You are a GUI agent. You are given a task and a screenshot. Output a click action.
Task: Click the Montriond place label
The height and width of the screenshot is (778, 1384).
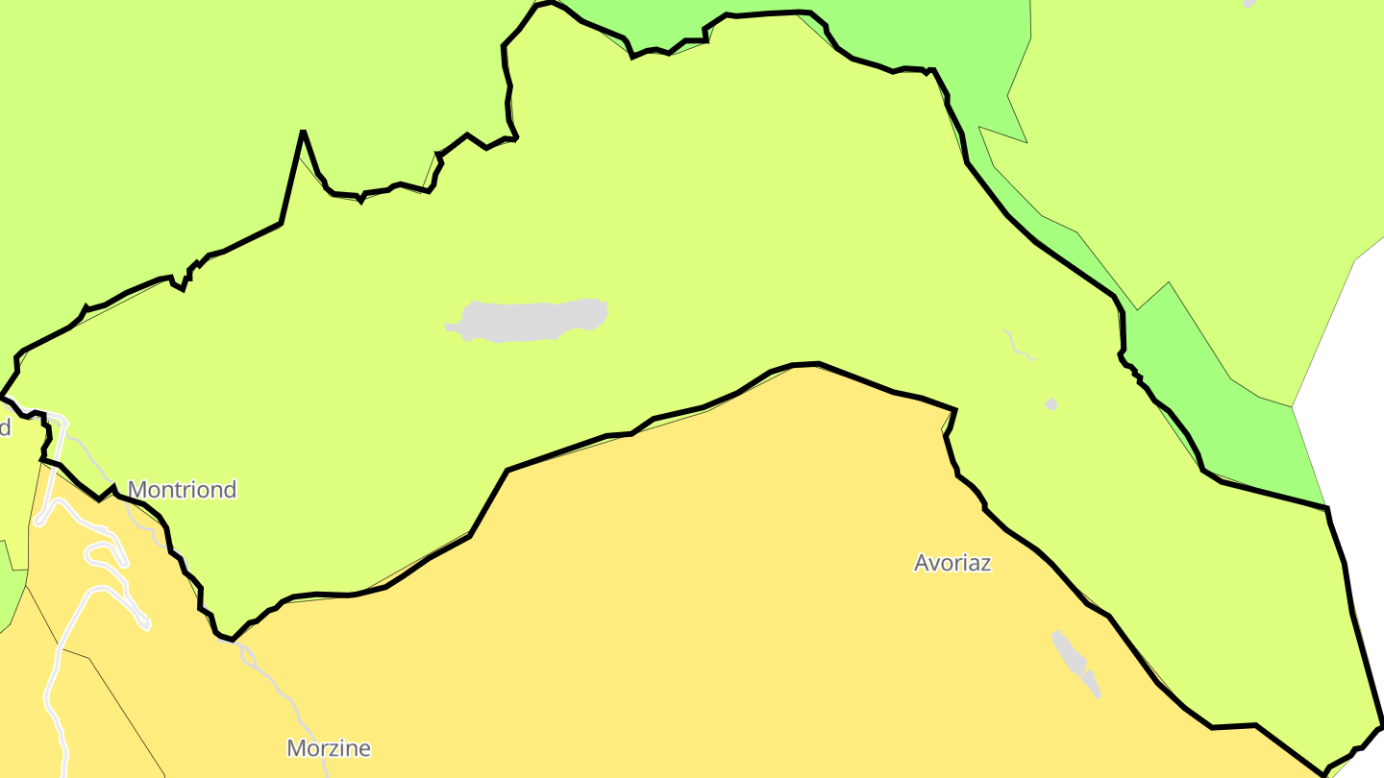click(x=182, y=490)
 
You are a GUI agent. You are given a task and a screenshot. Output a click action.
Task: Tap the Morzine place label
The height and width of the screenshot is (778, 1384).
click(x=329, y=748)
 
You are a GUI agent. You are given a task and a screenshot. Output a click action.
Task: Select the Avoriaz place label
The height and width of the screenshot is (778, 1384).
click(x=951, y=563)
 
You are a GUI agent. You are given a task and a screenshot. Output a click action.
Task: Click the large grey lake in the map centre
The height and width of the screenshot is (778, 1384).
click(x=529, y=320)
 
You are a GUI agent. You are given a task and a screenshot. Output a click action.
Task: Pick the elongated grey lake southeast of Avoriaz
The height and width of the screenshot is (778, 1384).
click(x=1075, y=660)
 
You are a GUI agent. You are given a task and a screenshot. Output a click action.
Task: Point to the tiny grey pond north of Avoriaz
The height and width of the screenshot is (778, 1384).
click(x=1051, y=404)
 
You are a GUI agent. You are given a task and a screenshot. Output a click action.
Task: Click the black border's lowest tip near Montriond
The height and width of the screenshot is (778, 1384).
click(x=232, y=638)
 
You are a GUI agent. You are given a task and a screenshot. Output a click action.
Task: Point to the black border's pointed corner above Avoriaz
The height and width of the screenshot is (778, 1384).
click(x=954, y=410)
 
